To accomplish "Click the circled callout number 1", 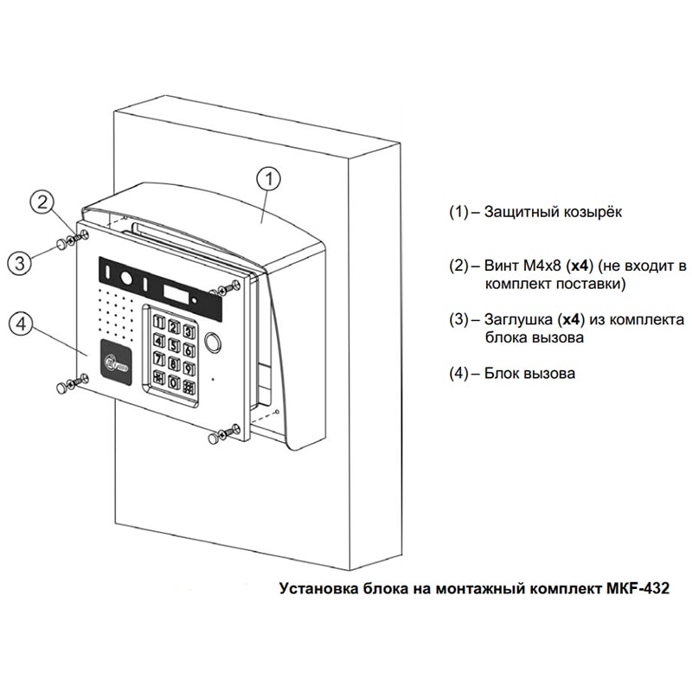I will coord(270,179).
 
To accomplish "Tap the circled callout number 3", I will coord(22,262).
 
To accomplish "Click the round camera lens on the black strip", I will coord(126,279).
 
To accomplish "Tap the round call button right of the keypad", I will coord(214,342).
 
